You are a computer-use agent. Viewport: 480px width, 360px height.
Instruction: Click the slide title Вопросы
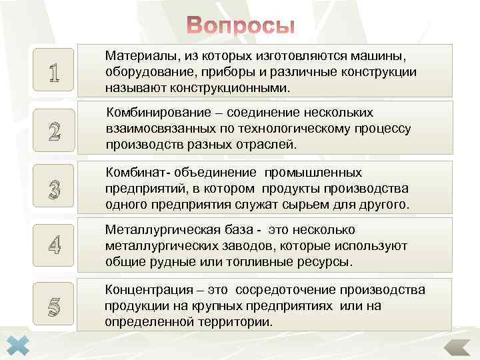[x=240, y=25]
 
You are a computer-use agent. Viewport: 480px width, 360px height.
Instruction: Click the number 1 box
[x=54, y=72]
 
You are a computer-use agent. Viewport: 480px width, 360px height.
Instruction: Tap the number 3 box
[x=54, y=189]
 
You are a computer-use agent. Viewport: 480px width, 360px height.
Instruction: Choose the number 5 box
[x=54, y=306]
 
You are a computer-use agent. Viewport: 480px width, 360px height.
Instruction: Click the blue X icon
[x=22, y=343]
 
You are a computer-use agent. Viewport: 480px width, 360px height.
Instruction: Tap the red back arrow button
[x=457, y=347]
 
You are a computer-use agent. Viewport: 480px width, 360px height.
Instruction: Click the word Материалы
[x=137, y=56]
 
